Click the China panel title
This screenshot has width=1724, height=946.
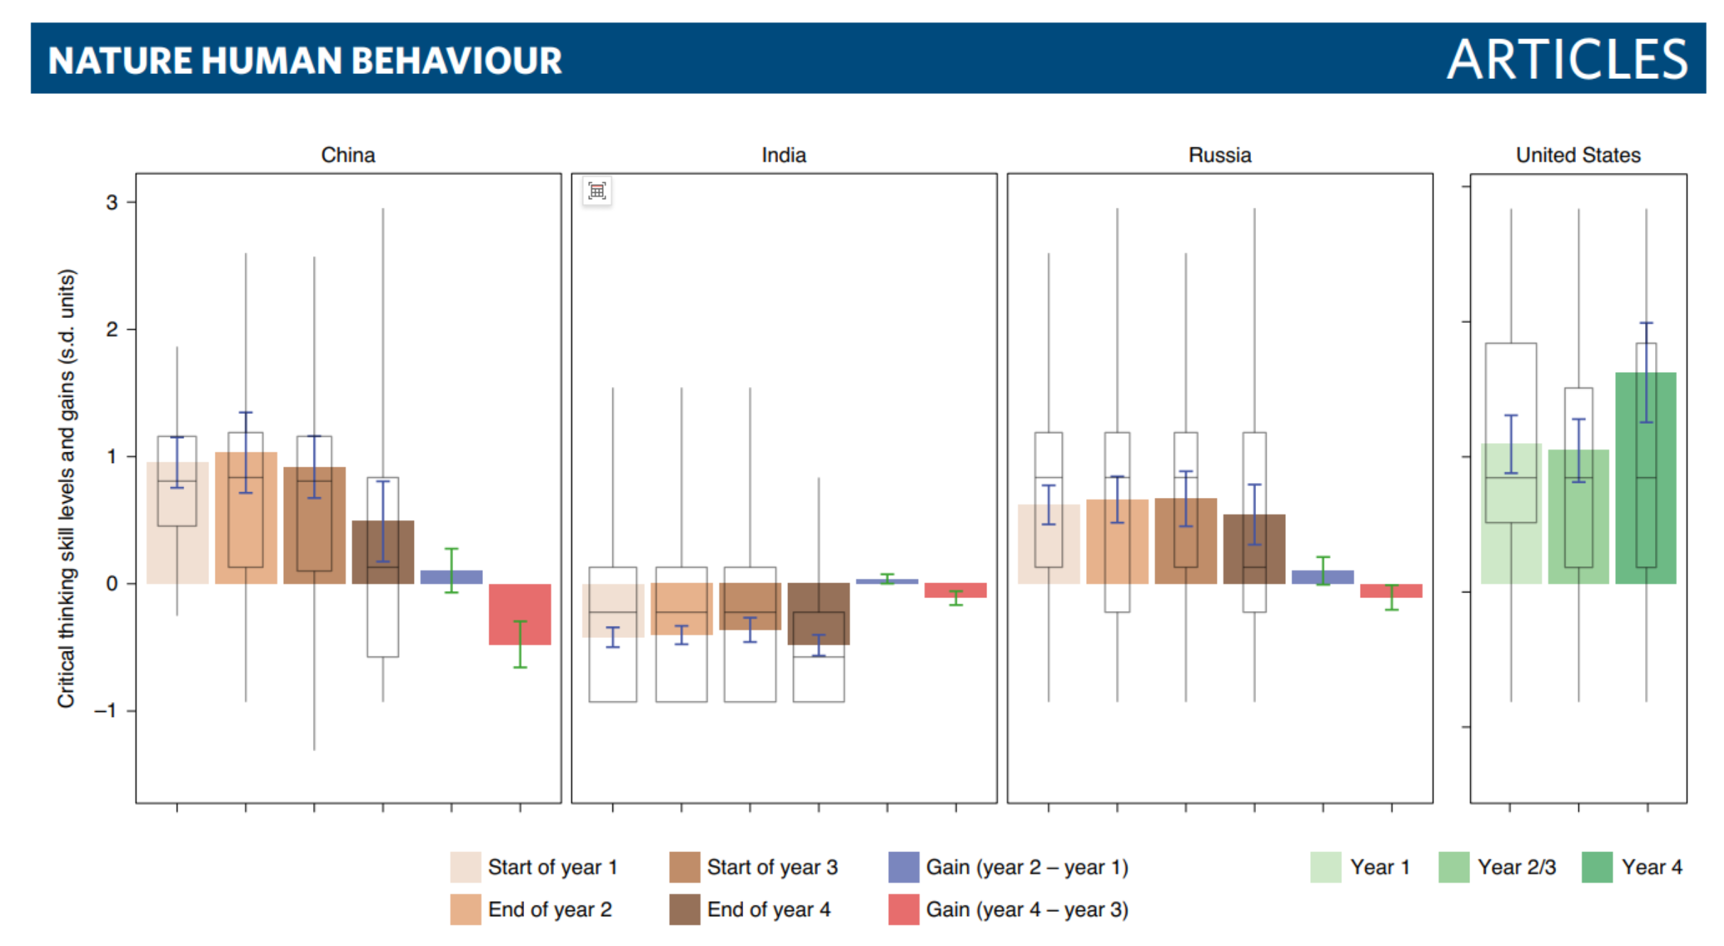[x=348, y=155]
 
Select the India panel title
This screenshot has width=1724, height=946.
[x=784, y=155]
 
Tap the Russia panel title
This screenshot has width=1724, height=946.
[x=1220, y=155]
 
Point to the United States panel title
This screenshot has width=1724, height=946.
[x=1578, y=155]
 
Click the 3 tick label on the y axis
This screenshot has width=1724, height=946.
[x=112, y=203]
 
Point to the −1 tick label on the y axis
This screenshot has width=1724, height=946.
[x=105, y=711]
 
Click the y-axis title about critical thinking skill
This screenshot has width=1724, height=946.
[x=66, y=489]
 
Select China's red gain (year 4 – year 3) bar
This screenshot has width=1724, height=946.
[x=520, y=615]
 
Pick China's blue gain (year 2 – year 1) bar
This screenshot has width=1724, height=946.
[x=452, y=577]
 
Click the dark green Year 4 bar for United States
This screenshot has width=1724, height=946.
[x=1646, y=478]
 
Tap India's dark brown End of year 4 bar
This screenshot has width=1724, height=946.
[x=819, y=614]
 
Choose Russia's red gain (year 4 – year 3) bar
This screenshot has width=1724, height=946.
[x=1391, y=590]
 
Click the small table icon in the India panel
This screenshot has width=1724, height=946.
[x=597, y=191]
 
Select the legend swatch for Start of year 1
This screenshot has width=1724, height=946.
[x=465, y=867]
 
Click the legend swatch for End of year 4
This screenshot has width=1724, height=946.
[x=684, y=909]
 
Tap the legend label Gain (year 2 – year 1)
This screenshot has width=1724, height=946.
[x=1027, y=867]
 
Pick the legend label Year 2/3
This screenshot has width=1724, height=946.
[x=1517, y=867]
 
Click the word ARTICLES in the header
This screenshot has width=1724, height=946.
[x=1567, y=59]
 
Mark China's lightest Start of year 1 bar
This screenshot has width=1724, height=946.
[x=178, y=523]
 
